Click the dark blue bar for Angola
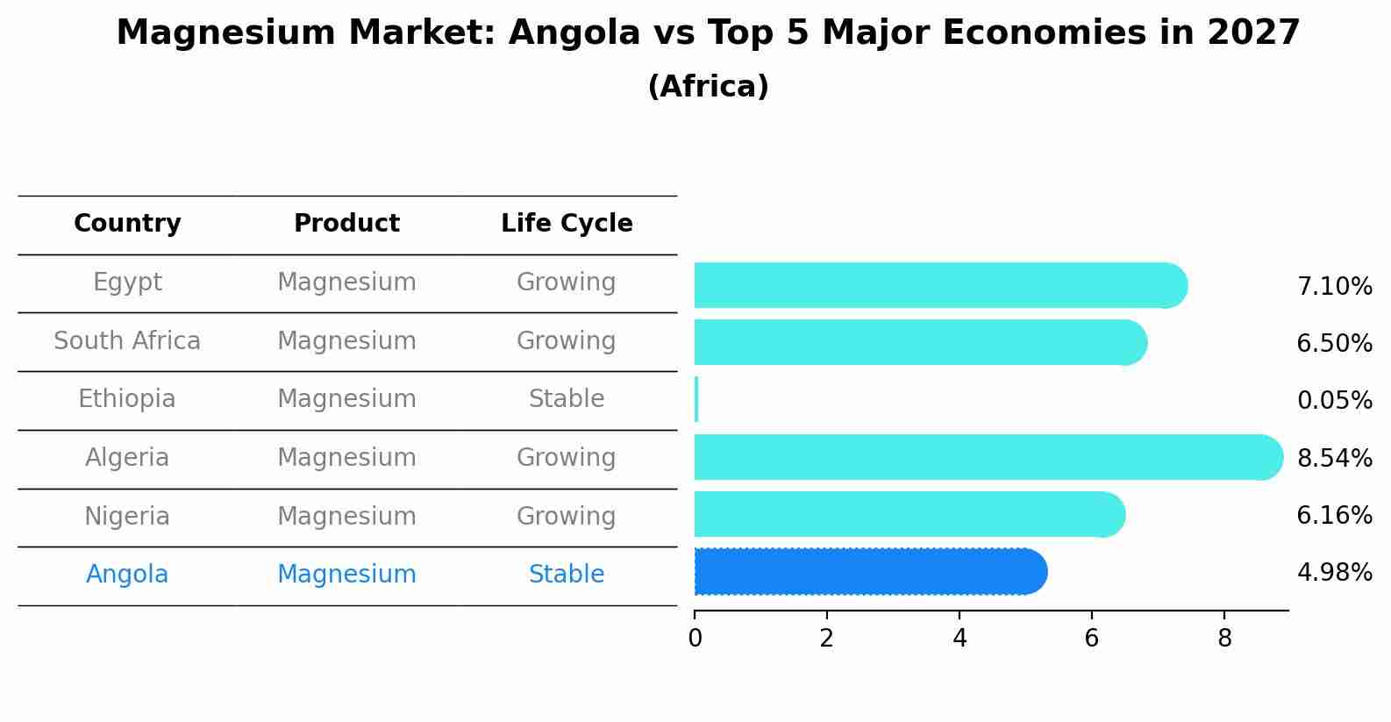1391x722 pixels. pos(868,572)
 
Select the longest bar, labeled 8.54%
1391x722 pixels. pos(987,457)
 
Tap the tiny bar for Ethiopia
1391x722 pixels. pos(696,400)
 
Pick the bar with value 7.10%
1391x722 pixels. pos(938,285)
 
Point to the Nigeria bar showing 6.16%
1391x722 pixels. pos(908,515)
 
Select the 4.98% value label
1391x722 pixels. pos(1334,573)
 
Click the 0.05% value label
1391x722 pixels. pos(1334,401)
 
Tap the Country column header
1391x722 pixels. pos(127,224)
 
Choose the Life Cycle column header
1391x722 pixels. pos(567,224)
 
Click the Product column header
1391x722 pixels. pos(346,224)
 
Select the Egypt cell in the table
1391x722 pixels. pos(127,282)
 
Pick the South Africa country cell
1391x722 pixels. pos(127,341)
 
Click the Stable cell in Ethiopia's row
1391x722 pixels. pos(567,399)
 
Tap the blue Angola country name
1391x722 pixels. pos(127,575)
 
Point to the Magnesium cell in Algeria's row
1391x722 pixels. pos(346,458)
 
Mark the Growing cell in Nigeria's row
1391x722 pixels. pos(567,517)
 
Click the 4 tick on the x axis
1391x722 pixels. pos(959,639)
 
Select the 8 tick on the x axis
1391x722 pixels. pos(1224,639)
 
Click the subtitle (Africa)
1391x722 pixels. pos(708,87)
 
